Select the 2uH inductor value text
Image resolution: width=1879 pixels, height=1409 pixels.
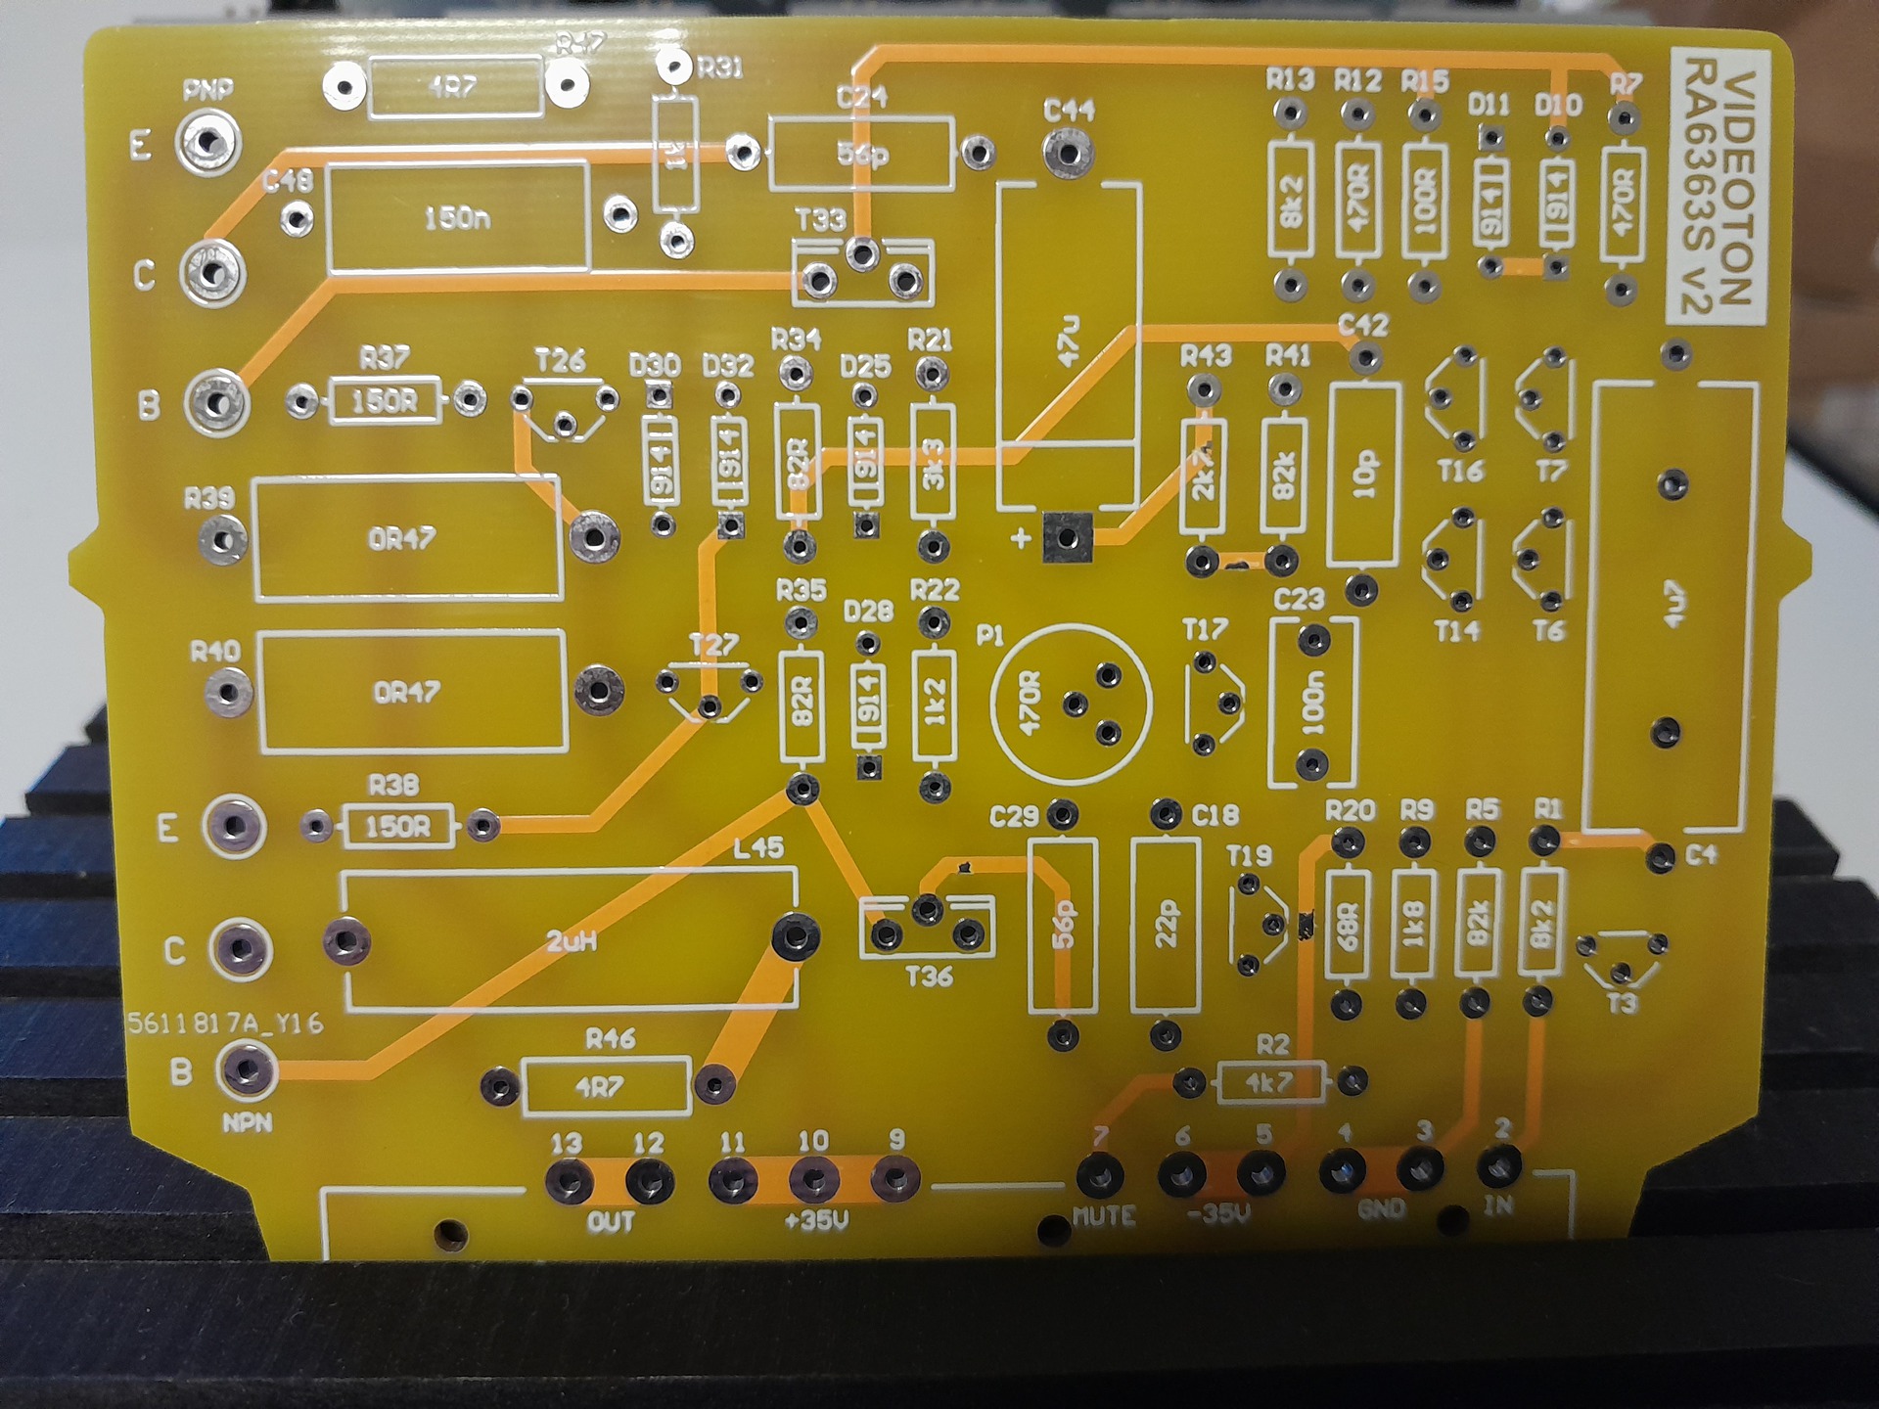[x=571, y=942]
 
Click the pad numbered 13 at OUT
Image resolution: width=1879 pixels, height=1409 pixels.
[x=569, y=1182]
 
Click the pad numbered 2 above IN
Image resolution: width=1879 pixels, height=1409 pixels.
[x=1498, y=1166]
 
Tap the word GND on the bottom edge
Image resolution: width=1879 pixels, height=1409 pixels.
[x=1382, y=1210]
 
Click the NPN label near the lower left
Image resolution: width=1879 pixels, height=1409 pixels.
[x=247, y=1123]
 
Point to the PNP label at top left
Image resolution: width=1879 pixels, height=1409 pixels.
[x=207, y=91]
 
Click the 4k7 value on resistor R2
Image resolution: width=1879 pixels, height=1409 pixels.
[x=1269, y=1082]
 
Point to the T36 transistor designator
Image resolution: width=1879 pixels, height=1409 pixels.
[x=929, y=977]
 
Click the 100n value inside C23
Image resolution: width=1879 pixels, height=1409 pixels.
[x=1312, y=703]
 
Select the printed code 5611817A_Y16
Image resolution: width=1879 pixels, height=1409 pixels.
[x=225, y=1023]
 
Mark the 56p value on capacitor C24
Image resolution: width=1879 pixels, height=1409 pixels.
[x=861, y=155]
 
